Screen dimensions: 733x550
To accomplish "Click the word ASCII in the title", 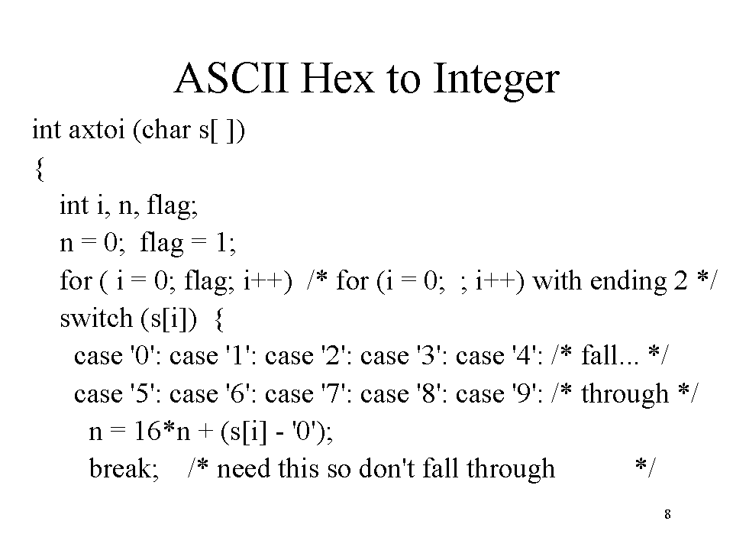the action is click(x=231, y=78).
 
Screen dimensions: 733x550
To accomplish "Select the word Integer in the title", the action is click(x=496, y=80).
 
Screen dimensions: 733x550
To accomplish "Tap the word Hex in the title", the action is click(x=337, y=78).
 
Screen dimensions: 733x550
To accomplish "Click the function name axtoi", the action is click(x=97, y=130).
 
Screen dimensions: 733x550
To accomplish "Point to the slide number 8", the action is click(x=667, y=514).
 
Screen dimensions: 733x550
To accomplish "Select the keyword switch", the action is click(x=96, y=318).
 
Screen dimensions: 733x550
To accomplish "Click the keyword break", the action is click(x=124, y=468).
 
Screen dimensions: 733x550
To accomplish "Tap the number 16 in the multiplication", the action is click(x=147, y=431).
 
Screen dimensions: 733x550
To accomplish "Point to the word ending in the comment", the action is click(x=628, y=283).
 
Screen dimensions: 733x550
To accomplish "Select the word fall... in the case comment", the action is click(x=610, y=355).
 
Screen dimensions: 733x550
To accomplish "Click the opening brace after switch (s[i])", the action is click(x=219, y=320).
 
